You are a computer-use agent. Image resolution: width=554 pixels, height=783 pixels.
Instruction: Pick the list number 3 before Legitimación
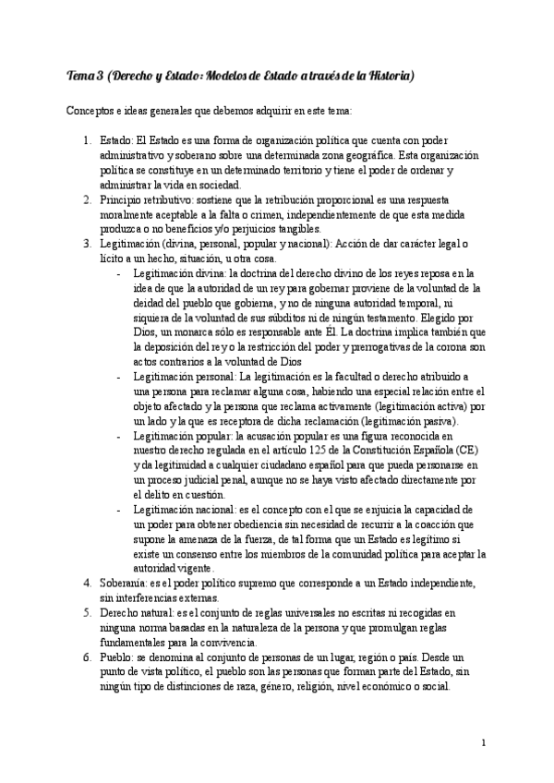click(85, 244)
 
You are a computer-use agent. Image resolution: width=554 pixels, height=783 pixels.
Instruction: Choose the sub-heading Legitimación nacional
click(185, 510)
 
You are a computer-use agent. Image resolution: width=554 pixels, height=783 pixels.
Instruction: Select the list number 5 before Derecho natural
click(85, 613)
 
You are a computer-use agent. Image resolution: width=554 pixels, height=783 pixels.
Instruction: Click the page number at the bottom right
click(485, 741)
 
